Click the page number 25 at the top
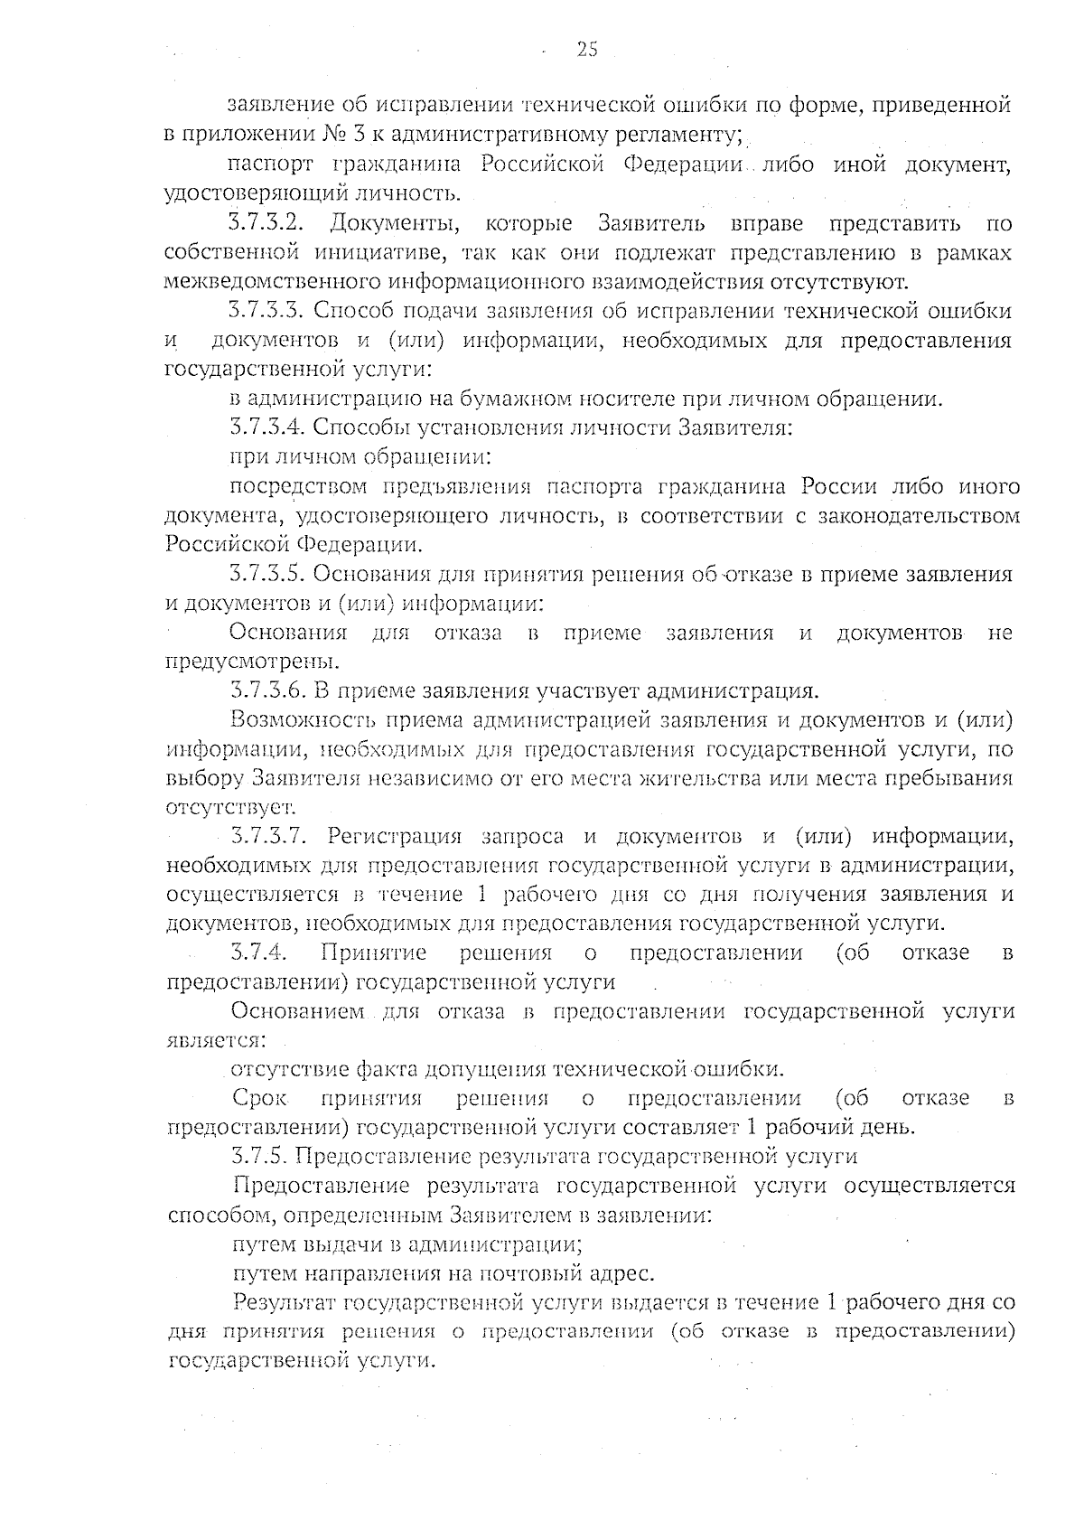[587, 50]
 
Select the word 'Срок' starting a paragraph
[258, 1098]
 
